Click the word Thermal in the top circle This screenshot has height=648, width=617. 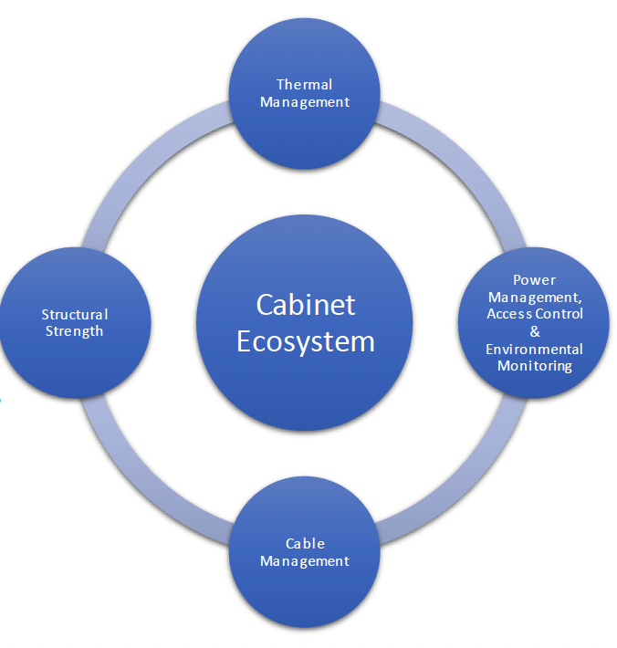[305, 85]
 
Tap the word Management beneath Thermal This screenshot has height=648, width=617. [305, 102]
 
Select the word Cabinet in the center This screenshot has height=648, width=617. [306, 304]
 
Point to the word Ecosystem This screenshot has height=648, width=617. [306, 340]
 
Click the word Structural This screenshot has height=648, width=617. [75, 315]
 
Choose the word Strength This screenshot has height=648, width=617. [75, 331]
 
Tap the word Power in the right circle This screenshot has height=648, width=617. [534, 280]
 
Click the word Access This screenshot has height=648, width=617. [507, 315]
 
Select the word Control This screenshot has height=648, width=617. [559, 315]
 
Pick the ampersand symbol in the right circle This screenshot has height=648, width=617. [535, 331]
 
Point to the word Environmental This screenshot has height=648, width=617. [535, 349]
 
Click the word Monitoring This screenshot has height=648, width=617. [535, 366]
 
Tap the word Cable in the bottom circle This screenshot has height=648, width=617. [305, 544]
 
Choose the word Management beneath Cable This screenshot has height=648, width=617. [305, 561]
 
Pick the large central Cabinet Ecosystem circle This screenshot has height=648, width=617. [305, 383]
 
